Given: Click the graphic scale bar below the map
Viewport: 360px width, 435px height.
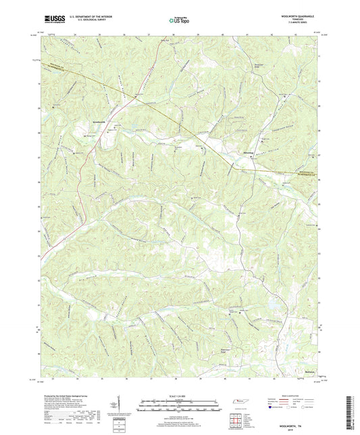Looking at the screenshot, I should (180, 407).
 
